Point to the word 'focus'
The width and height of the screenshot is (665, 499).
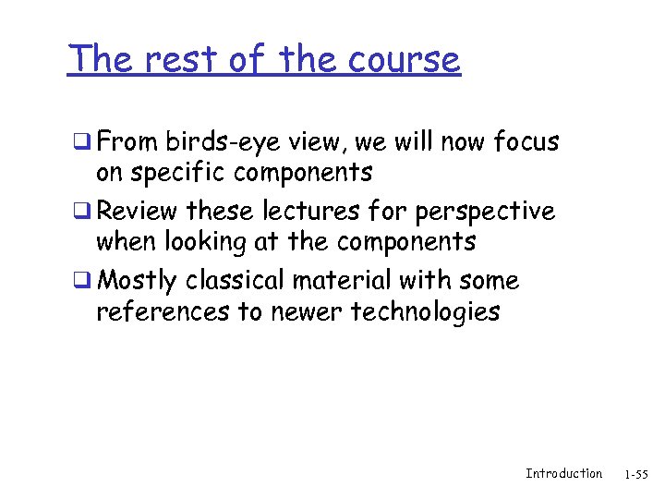[526, 142]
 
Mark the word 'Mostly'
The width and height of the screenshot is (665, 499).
[137, 281]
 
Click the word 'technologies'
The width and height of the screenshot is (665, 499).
[425, 312]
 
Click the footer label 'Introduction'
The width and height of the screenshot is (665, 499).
[563, 473]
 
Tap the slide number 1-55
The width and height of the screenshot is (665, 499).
[636, 474]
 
